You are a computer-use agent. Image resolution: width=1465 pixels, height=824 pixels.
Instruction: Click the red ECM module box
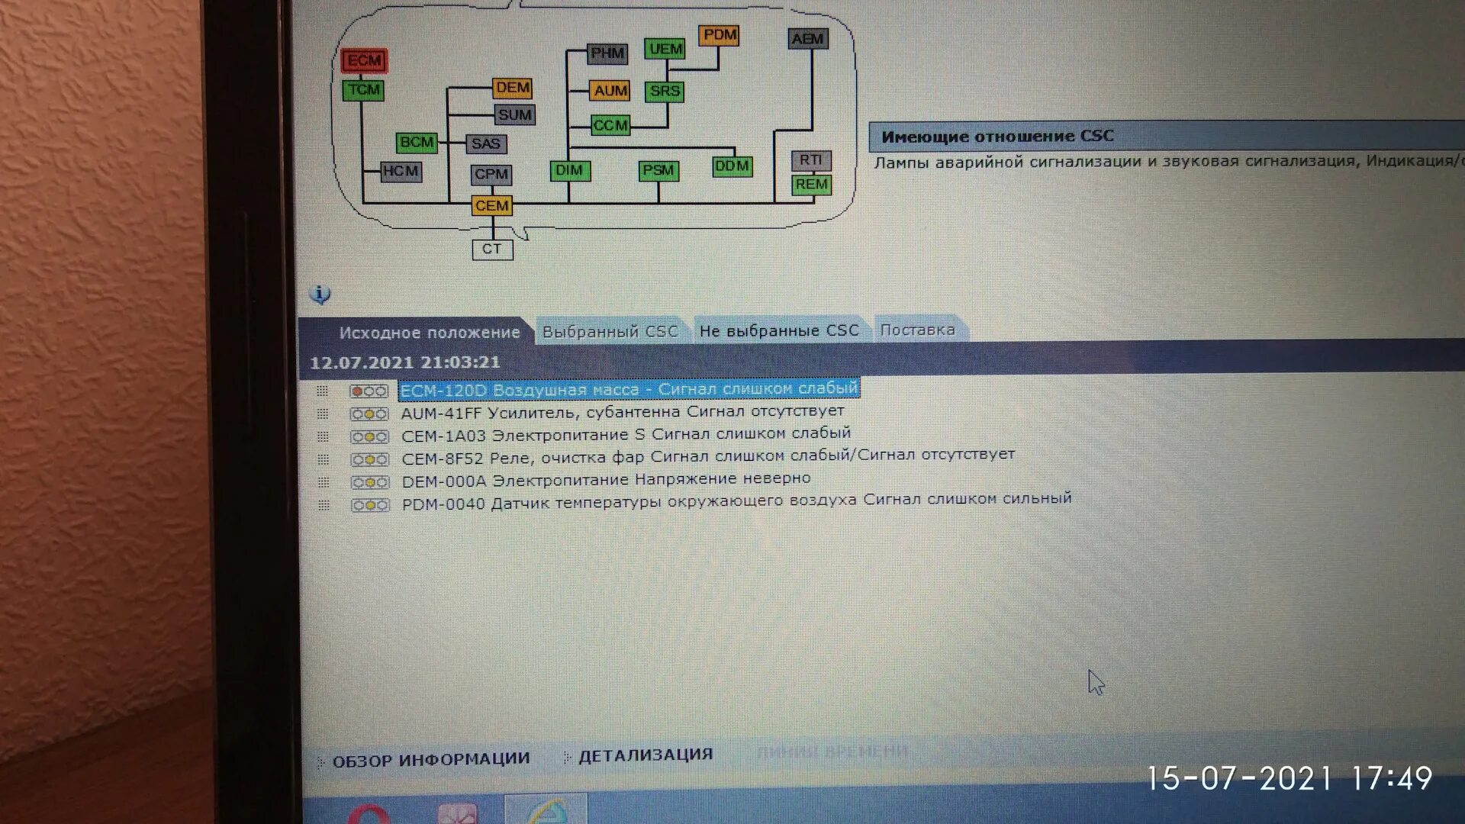click(x=364, y=61)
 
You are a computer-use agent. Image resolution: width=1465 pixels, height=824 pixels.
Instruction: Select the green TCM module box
click(x=363, y=90)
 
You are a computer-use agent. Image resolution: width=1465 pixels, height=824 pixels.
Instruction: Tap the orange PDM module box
click(x=719, y=35)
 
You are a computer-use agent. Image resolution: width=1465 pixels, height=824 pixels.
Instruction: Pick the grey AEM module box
click(x=807, y=39)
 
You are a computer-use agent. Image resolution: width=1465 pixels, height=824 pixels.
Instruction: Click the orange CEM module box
click(x=491, y=206)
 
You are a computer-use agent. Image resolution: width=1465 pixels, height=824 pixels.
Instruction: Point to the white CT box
click(x=492, y=249)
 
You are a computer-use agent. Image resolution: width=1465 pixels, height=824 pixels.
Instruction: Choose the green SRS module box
click(x=665, y=92)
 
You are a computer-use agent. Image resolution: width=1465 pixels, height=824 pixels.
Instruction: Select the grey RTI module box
click(x=810, y=160)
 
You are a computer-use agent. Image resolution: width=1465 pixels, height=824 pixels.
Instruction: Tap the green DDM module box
click(x=732, y=166)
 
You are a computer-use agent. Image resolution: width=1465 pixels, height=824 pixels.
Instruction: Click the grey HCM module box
click(x=401, y=172)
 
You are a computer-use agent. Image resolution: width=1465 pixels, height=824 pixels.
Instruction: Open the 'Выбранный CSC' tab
click(x=610, y=332)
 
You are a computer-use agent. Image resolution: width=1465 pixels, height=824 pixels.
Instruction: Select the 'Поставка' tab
click(x=917, y=330)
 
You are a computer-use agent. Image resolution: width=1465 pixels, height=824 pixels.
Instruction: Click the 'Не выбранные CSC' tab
click(x=779, y=331)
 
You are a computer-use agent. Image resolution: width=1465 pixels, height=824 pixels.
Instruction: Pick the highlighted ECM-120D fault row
click(x=629, y=389)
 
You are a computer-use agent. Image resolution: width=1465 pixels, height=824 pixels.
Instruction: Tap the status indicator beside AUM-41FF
click(x=369, y=414)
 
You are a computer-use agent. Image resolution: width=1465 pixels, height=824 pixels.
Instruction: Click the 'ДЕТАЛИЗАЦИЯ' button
click(x=645, y=755)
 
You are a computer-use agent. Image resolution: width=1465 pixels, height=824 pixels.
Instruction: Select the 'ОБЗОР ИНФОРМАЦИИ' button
click(x=430, y=760)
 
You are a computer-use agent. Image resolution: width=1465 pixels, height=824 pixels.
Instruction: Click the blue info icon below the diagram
click(x=320, y=295)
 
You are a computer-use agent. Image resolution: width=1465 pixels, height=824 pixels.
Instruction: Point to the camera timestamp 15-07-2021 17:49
click(x=1290, y=778)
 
